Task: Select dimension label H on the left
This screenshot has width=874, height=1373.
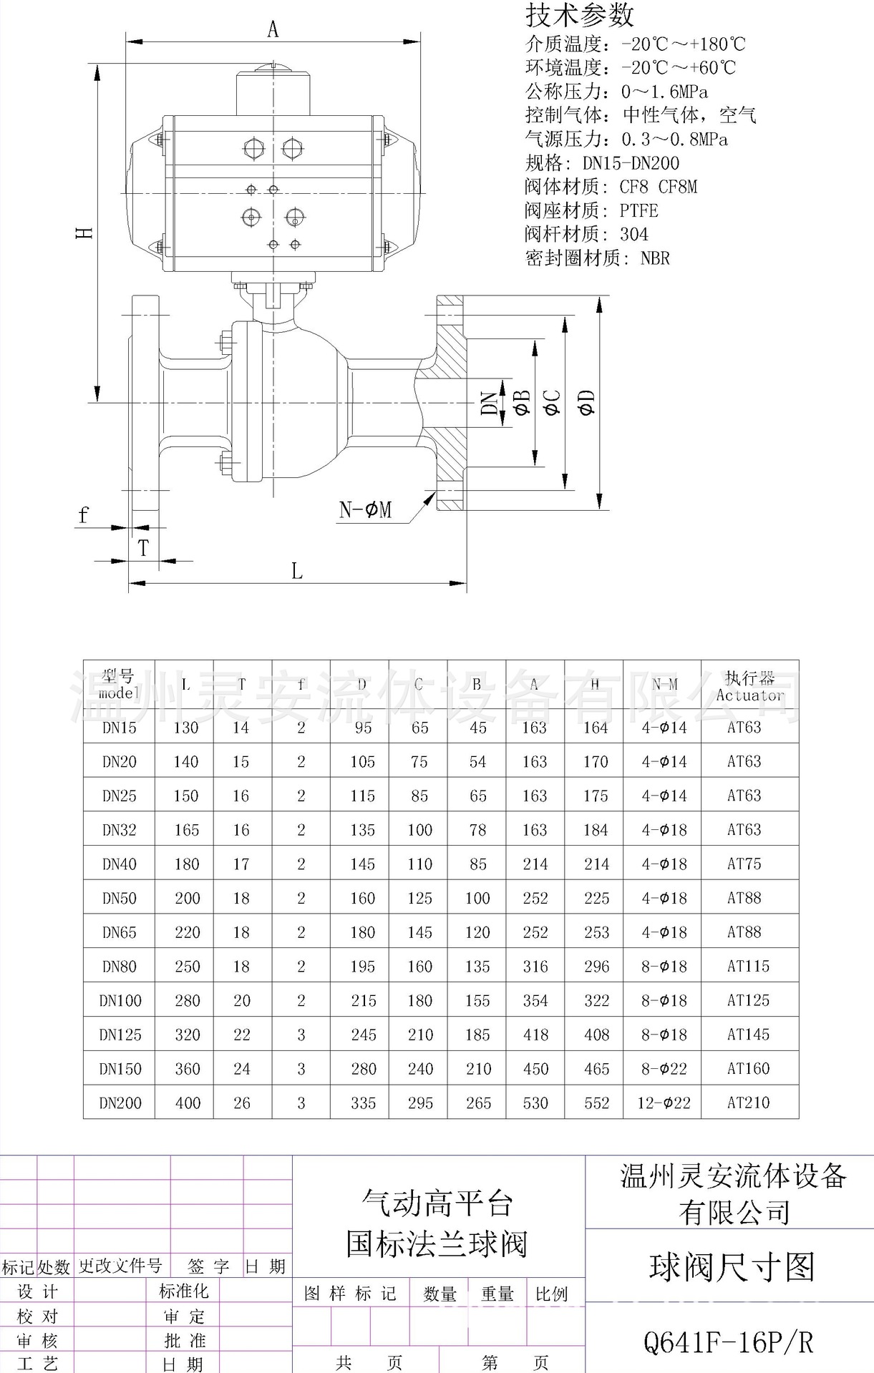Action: point(85,233)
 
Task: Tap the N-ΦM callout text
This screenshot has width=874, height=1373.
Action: point(365,510)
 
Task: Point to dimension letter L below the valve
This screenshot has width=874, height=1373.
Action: point(296,571)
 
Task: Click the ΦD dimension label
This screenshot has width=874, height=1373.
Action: point(586,403)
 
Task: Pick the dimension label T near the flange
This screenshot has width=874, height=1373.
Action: point(144,548)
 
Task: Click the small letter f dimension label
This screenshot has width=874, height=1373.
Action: point(84,515)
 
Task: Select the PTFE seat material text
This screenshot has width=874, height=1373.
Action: point(638,210)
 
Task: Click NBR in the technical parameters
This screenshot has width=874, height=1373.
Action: point(655,258)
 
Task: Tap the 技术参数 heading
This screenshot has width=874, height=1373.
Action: point(580,14)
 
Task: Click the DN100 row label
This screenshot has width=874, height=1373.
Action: point(120,1001)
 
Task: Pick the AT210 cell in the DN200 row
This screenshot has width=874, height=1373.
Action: point(748,1103)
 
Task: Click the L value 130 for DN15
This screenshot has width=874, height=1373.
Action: point(185,728)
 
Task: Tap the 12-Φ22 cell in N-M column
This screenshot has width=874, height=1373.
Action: point(664,1103)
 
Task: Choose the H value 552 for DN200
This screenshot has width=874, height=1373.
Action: point(596,1103)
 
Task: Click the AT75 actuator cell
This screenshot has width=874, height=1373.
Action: point(744,864)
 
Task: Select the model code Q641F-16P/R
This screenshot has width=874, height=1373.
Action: point(729,1342)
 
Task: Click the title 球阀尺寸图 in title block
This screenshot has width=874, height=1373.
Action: point(732,1266)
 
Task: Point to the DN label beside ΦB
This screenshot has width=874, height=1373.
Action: point(490,403)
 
